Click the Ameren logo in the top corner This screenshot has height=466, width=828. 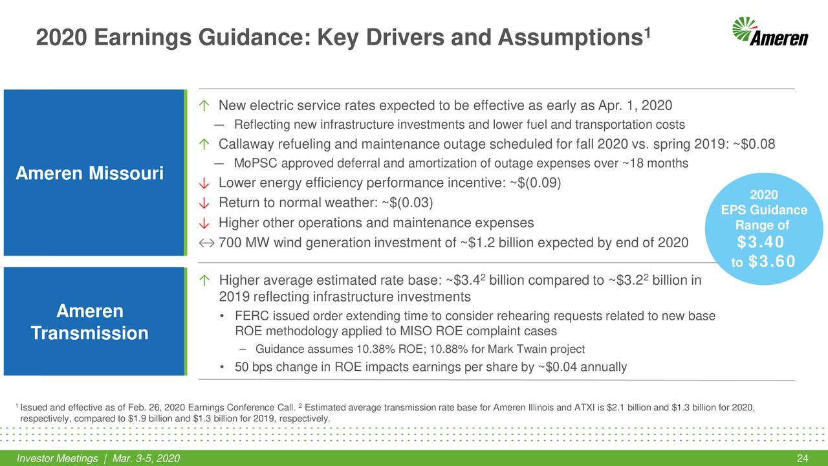pyautogui.click(x=770, y=32)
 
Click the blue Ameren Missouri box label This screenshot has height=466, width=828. pyautogui.click(x=90, y=174)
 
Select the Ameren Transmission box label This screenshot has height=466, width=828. pyautogui.click(x=90, y=322)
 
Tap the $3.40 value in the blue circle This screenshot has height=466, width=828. pyautogui.click(x=760, y=243)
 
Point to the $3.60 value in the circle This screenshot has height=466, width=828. pyautogui.click(x=770, y=261)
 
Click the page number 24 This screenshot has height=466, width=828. pyautogui.click(x=803, y=459)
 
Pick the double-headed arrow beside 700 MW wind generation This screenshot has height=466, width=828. pyautogui.click(x=206, y=243)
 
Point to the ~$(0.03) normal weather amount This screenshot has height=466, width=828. pyautogui.click(x=408, y=203)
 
